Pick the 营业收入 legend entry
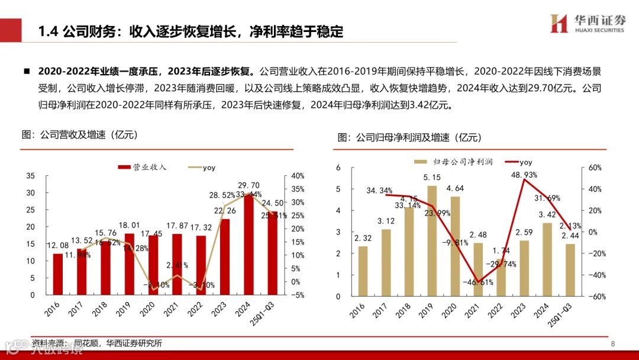pos(143,168)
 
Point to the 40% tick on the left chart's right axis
pos(298,176)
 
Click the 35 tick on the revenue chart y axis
pos(31,176)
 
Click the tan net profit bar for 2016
pos(363,271)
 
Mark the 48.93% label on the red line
pos(524,175)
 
